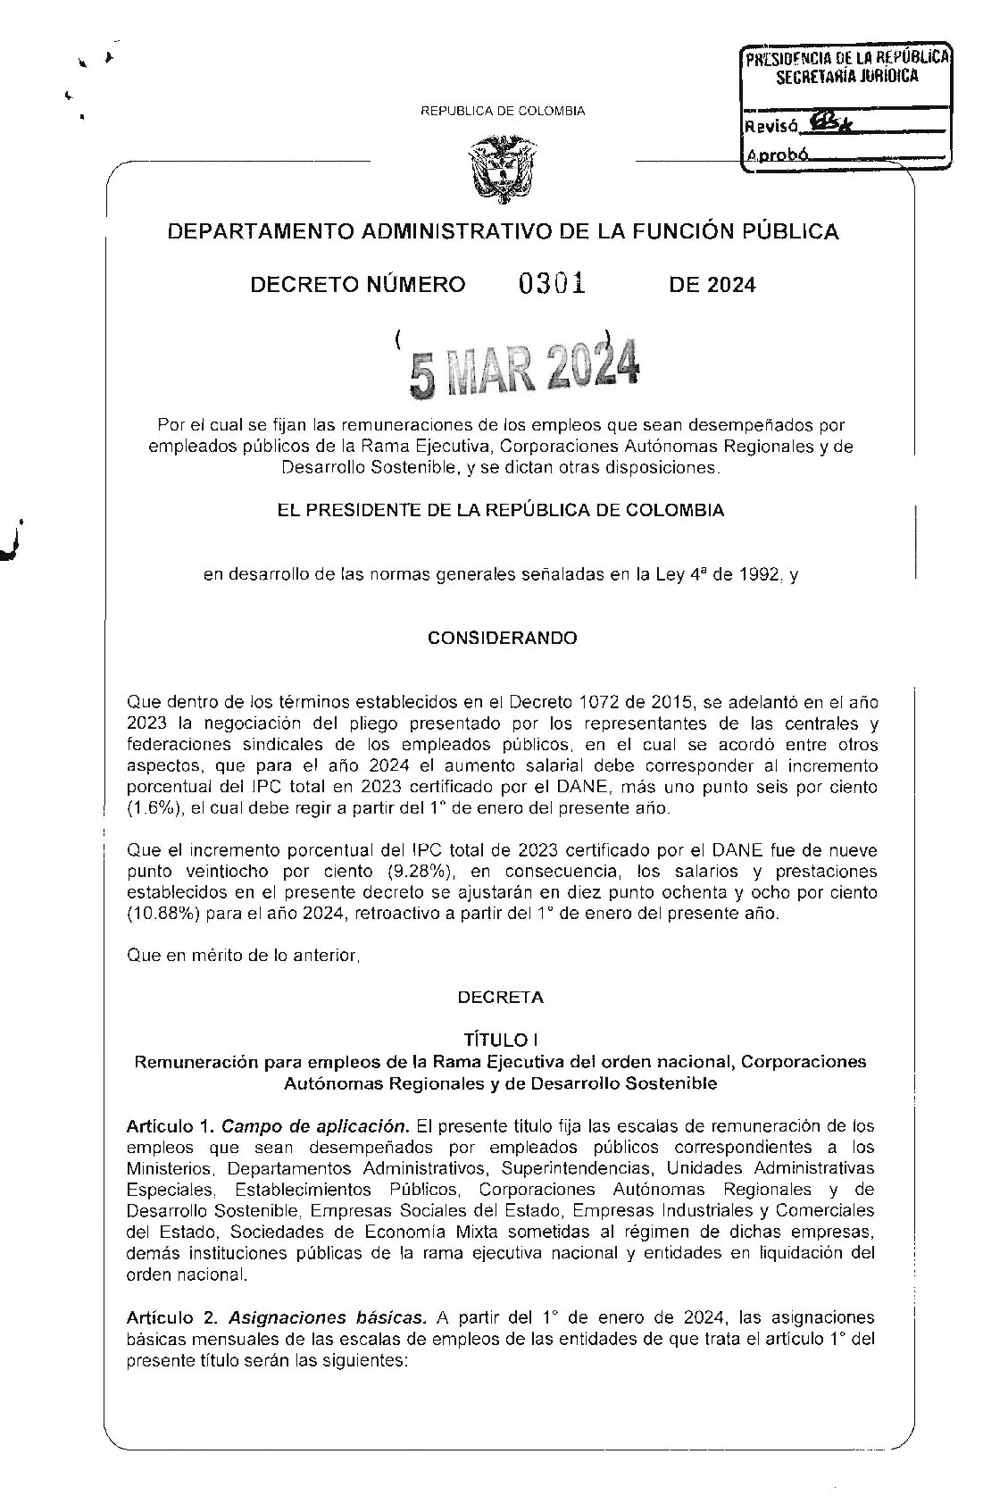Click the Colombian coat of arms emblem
pos(501,166)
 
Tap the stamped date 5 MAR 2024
pos(524,368)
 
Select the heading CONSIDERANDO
pos(502,638)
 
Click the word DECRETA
pos(500,997)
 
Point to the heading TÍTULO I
pos(500,1040)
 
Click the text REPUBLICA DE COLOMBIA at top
pos(503,111)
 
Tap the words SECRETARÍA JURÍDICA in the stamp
pos(846,77)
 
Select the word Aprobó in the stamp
pos(777,155)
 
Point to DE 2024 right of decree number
pos(712,285)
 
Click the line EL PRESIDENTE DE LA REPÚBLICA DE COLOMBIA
pos(503,511)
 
